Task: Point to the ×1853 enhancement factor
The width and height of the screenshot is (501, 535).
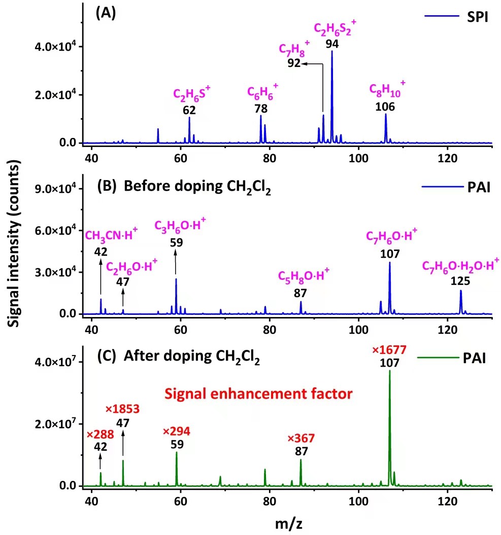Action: coord(122,409)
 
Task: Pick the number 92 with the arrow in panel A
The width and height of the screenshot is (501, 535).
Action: coord(294,64)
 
